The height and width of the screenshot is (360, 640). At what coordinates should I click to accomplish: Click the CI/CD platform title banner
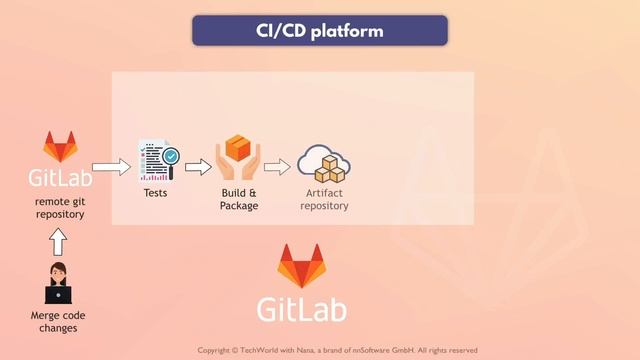[320, 31]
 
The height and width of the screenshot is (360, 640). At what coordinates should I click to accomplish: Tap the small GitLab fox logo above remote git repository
[60, 149]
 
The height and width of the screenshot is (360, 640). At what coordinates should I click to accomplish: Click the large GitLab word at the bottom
[303, 308]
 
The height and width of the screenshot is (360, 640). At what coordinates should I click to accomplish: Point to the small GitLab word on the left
[60, 178]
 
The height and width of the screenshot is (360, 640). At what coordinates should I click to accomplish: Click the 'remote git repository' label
[59, 207]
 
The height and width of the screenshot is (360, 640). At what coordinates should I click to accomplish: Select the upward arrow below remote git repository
[58, 241]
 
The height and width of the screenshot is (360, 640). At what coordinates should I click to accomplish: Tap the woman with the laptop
[58, 283]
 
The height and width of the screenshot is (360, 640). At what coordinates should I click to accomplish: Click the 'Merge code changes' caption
[58, 322]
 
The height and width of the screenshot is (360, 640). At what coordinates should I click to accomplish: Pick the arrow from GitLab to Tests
[111, 167]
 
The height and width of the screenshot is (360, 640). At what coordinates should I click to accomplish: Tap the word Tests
[156, 192]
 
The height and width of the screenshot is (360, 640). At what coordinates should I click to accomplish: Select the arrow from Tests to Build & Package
[199, 167]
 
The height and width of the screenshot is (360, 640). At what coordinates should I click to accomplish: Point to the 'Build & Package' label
[239, 198]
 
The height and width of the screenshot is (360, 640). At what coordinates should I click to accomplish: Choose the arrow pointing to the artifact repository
[279, 167]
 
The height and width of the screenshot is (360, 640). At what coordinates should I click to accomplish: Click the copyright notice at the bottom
[337, 350]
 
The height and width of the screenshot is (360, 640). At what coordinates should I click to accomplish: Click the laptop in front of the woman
[58, 295]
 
